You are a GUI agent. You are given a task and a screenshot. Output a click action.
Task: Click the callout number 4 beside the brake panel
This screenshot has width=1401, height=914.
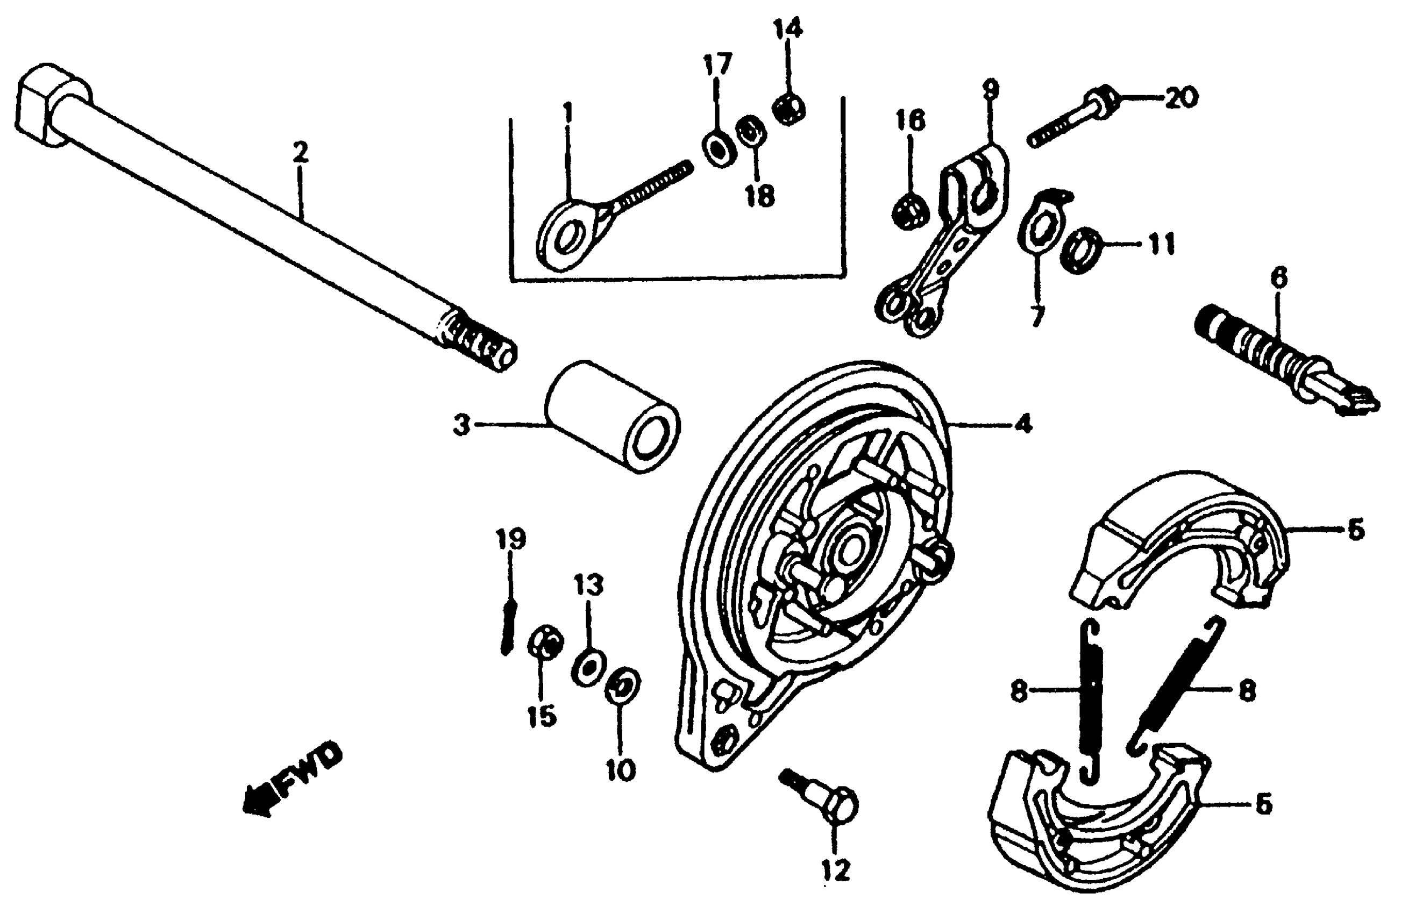pos(1023,423)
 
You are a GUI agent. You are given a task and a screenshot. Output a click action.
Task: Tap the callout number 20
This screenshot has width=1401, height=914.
pos(1179,97)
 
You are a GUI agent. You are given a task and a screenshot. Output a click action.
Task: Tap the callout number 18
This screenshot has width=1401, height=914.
pos(759,196)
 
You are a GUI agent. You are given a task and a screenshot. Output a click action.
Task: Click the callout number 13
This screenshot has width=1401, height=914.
pos(589,585)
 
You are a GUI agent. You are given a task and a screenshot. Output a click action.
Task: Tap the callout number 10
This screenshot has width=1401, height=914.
pos(621,769)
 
